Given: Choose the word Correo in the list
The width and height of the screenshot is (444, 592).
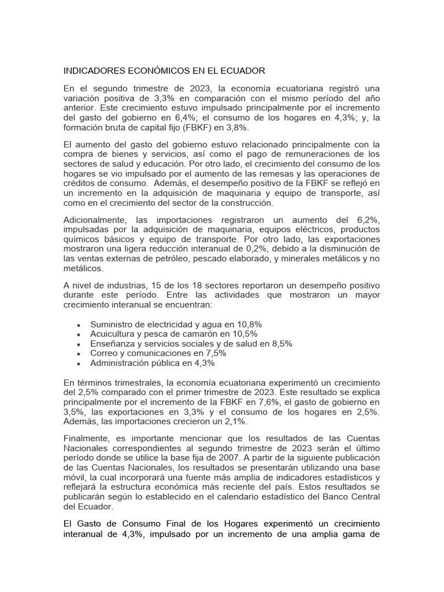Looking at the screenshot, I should (x=104, y=353).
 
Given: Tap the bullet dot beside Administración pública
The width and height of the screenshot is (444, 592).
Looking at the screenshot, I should (x=78, y=364).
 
